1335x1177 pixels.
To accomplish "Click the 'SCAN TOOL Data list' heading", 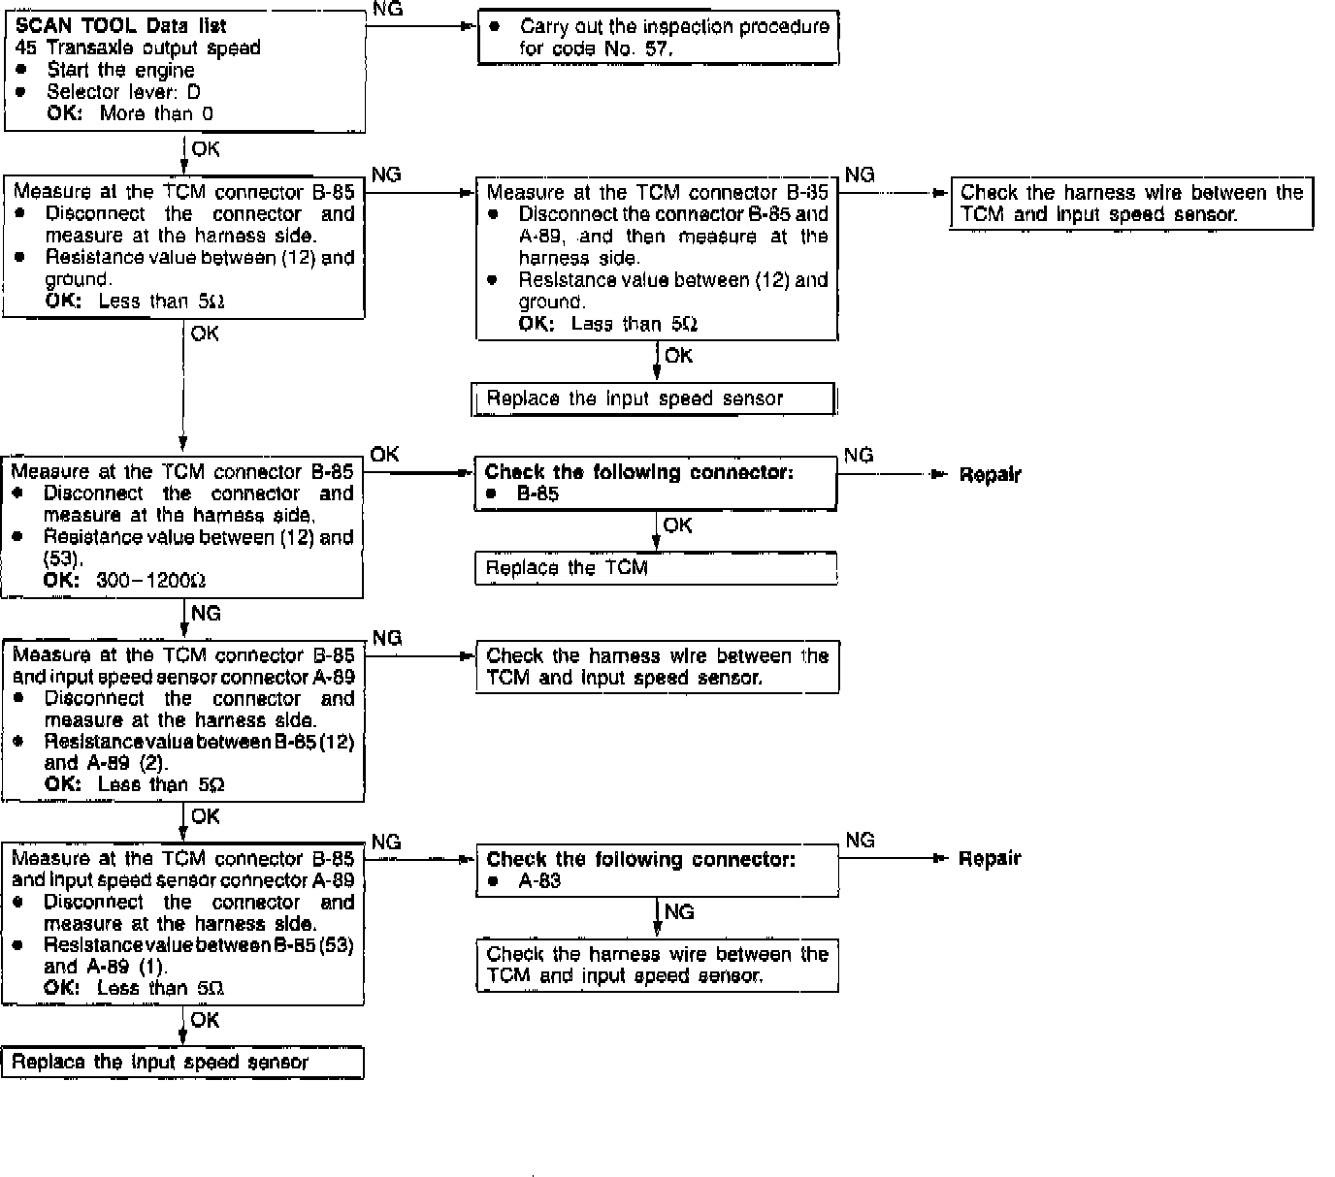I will pyautogui.click(x=121, y=26).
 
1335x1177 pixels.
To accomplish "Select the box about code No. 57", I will pyautogui.click(x=658, y=38).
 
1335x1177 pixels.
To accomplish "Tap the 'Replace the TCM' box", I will pyautogui.click(x=656, y=568).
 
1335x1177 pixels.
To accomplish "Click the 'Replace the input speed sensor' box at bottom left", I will pyautogui.click(x=182, y=1063).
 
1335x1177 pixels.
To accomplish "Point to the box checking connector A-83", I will pyautogui.click(x=657, y=870).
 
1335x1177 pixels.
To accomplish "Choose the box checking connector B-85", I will pyautogui.click(x=656, y=483).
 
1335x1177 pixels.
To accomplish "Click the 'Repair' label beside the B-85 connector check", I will pyautogui.click(x=990, y=475).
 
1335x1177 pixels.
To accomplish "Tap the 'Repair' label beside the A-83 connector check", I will pyautogui.click(x=990, y=859).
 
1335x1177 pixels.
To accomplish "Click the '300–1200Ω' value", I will pyautogui.click(x=151, y=581).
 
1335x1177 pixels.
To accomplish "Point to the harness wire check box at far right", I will pyautogui.click(x=1131, y=204).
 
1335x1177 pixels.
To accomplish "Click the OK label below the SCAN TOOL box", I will pyautogui.click(x=206, y=149).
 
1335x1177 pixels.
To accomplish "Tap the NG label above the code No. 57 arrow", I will pyautogui.click(x=387, y=10).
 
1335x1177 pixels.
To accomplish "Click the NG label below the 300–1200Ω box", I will pyautogui.click(x=206, y=614).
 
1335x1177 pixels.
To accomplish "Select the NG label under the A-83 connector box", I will pyautogui.click(x=679, y=912).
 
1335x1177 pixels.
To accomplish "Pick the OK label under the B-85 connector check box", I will pyautogui.click(x=678, y=525).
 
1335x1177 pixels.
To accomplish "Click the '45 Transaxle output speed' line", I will pyautogui.click(x=138, y=48).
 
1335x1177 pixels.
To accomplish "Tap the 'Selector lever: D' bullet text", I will pyautogui.click(x=123, y=92).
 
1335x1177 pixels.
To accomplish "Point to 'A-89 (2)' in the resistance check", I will pyautogui.click(x=106, y=763).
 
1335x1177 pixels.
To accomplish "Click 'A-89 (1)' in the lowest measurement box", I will pyautogui.click(x=106, y=967).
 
